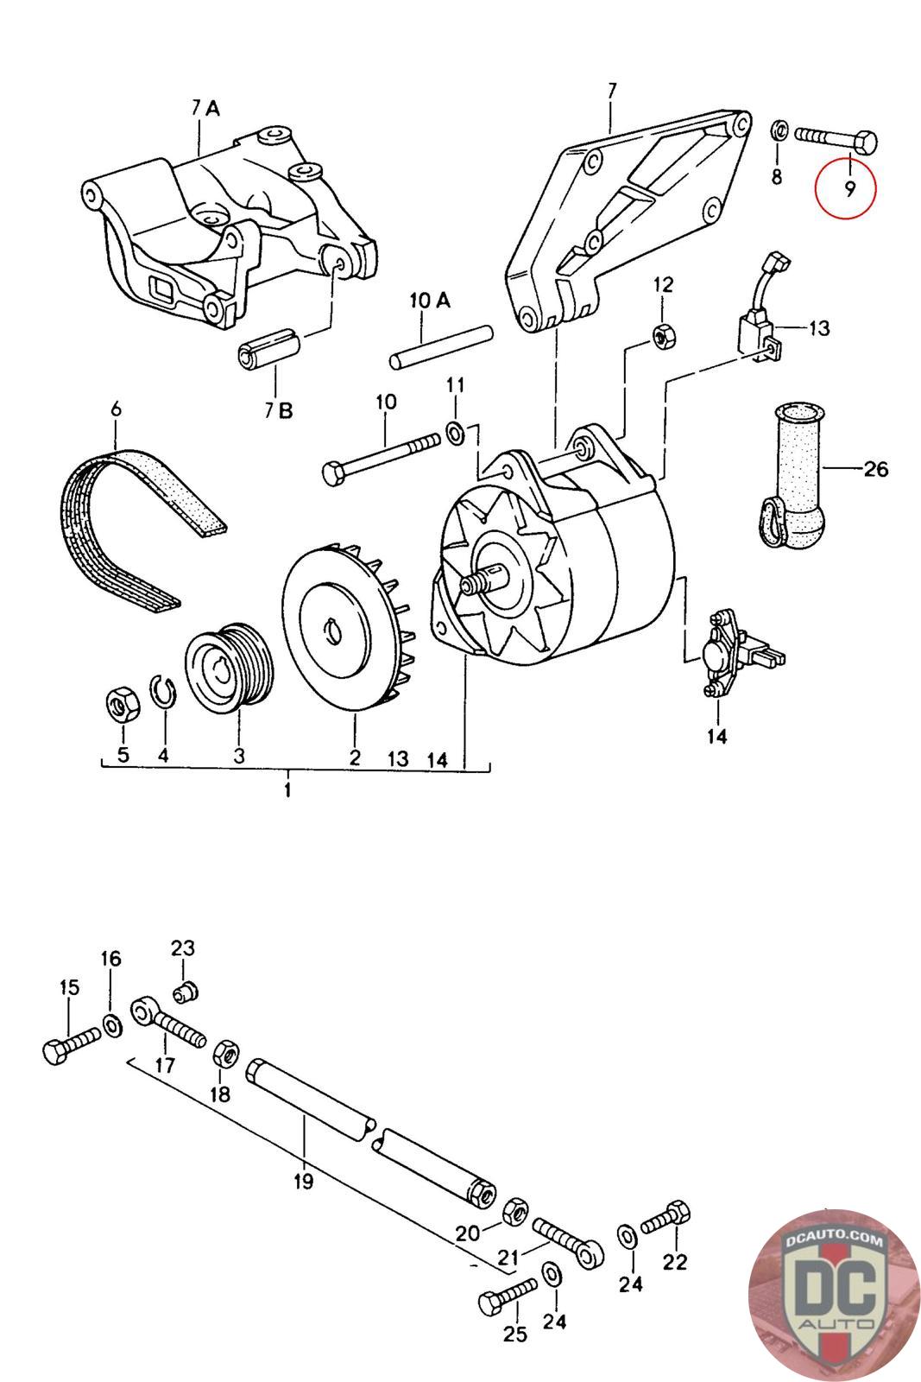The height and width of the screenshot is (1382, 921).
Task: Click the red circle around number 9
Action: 844,188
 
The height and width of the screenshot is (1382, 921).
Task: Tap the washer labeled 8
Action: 779,131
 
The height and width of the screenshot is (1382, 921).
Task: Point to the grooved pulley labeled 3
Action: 230,669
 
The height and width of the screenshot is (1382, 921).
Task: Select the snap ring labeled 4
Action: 163,693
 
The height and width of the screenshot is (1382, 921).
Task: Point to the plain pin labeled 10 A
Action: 441,346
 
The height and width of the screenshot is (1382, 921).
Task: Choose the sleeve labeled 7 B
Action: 269,349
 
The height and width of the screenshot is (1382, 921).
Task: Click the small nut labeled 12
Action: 665,335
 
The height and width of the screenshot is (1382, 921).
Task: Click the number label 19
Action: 303,1181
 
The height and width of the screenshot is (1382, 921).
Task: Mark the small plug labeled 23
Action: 185,991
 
